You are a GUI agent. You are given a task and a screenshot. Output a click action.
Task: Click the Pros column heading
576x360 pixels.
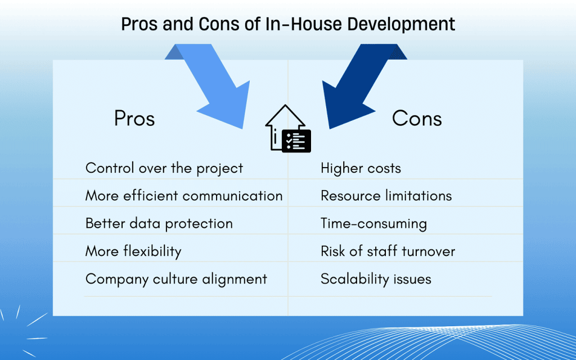134,119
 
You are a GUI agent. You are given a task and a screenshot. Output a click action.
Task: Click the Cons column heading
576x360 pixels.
417,119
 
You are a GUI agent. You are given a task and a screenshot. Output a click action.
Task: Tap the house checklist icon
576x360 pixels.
288,129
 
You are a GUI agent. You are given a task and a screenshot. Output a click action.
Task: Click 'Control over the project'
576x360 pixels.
164,168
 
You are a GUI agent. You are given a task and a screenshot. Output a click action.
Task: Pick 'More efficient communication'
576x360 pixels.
184,196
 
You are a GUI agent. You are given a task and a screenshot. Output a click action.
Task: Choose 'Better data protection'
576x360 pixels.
159,223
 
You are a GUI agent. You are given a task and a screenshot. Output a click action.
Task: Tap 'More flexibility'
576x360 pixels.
133,251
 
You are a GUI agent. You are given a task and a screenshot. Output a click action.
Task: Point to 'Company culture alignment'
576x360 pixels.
176,279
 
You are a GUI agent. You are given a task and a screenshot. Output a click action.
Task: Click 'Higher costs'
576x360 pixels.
361,168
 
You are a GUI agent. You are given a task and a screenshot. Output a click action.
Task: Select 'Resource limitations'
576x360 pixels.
386,196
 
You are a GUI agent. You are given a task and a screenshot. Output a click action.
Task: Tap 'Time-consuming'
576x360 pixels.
373,223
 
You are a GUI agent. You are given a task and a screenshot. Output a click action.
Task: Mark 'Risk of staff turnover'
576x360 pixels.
388,251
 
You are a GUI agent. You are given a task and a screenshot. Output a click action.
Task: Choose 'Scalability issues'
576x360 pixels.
376,279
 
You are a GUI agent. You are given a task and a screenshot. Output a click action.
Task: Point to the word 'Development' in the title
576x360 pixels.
401,25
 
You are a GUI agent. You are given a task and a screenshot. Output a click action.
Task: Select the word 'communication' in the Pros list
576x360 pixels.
232,196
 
